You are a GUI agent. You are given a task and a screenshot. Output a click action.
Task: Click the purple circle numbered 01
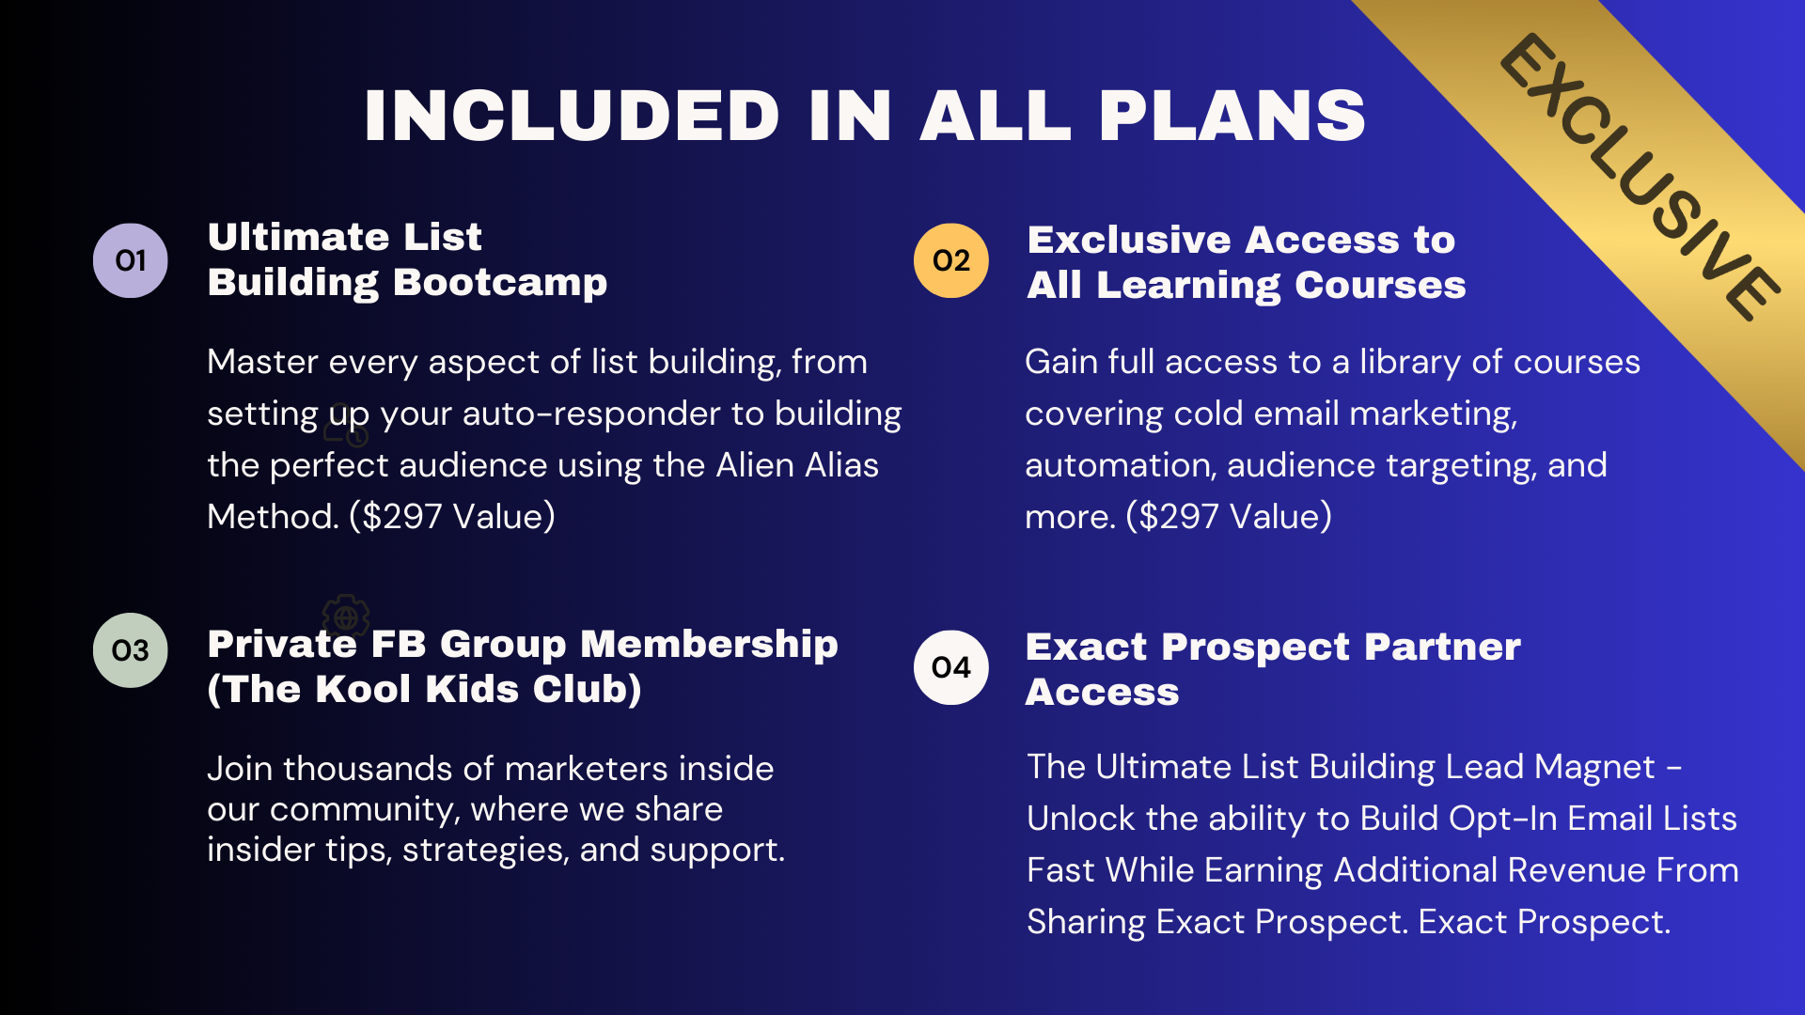pyautogui.click(x=131, y=260)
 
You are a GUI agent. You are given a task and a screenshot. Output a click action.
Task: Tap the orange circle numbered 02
pyautogui.click(x=951, y=260)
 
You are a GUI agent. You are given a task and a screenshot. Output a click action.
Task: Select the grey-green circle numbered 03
pyautogui.click(x=131, y=650)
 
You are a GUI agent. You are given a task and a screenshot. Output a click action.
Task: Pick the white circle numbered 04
pyautogui.click(x=951, y=667)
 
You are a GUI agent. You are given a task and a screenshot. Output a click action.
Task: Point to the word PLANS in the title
pyautogui.click(x=1232, y=116)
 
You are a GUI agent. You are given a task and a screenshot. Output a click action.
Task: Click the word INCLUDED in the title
pyautogui.click(x=572, y=116)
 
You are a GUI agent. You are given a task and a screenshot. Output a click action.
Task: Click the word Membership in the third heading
pyautogui.click(x=709, y=644)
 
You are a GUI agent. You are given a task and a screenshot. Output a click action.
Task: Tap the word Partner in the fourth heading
pyautogui.click(x=1442, y=647)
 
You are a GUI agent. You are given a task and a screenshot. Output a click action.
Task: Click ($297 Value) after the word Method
pyautogui.click(x=452, y=516)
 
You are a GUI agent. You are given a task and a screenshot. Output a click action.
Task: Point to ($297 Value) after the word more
pyautogui.click(x=1229, y=516)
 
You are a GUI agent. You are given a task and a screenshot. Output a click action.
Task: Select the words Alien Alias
pyautogui.click(x=797, y=465)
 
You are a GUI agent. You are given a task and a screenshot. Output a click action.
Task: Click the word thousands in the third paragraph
pyautogui.click(x=367, y=769)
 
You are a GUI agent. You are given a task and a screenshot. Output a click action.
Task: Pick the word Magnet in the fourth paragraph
pyautogui.click(x=1594, y=768)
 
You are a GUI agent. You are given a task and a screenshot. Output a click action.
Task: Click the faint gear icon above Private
pyautogui.click(x=346, y=617)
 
